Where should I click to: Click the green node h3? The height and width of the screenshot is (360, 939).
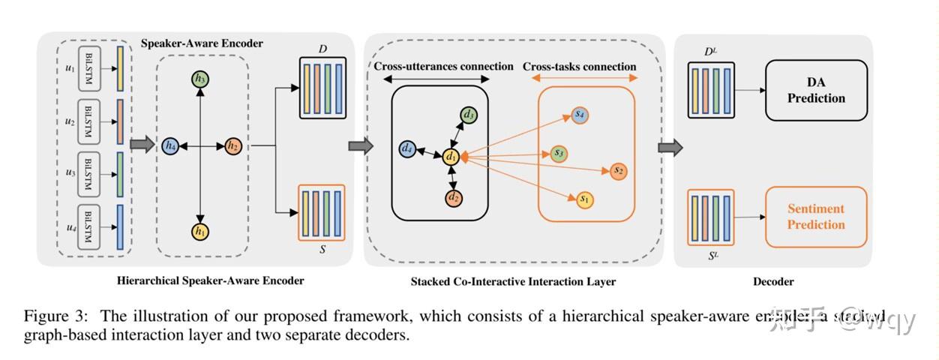[x=199, y=79]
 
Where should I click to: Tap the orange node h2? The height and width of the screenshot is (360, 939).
[x=232, y=145]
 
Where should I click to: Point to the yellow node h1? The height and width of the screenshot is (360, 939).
[x=199, y=232]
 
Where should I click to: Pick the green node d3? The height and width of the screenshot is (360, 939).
[x=469, y=115]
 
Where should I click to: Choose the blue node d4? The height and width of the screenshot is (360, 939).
[x=407, y=148]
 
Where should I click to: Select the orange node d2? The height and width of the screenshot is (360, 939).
[x=452, y=199]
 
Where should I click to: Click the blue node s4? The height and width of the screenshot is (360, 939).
[x=580, y=114]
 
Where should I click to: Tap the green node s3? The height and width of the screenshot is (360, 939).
[x=557, y=153]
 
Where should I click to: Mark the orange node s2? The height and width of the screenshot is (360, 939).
[x=618, y=171]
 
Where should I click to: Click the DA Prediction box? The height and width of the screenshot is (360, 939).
[x=816, y=91]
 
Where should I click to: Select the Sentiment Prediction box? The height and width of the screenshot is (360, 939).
[x=815, y=217]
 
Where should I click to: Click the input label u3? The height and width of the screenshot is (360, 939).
[x=70, y=172]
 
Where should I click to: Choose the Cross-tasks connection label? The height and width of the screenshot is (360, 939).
[x=579, y=67]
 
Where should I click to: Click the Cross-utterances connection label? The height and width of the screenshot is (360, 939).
[x=443, y=67]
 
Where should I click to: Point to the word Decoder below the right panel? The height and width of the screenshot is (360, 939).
[x=773, y=281]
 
